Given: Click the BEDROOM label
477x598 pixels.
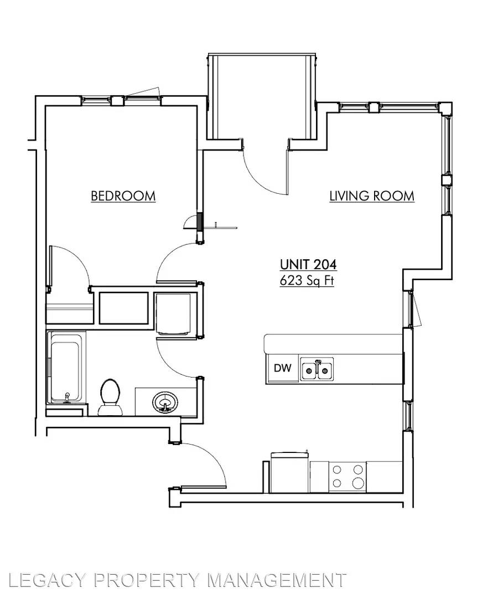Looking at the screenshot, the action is [x=123, y=196].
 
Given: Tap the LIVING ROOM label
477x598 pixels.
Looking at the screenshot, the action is [x=372, y=196].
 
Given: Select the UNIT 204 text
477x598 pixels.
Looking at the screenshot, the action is [x=308, y=264].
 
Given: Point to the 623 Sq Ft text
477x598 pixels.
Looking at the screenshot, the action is [x=307, y=281].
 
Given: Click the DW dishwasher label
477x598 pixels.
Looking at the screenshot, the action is [x=283, y=368].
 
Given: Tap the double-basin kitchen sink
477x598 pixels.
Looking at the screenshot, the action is [x=317, y=369].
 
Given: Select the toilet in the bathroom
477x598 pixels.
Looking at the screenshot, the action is [x=110, y=397].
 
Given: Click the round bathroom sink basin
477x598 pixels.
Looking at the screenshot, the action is [x=165, y=403].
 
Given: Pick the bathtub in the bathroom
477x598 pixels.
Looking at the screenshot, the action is [x=66, y=368].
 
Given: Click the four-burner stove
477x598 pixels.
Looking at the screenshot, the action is [x=348, y=477].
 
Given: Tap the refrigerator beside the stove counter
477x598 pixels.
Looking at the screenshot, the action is [x=290, y=472].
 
